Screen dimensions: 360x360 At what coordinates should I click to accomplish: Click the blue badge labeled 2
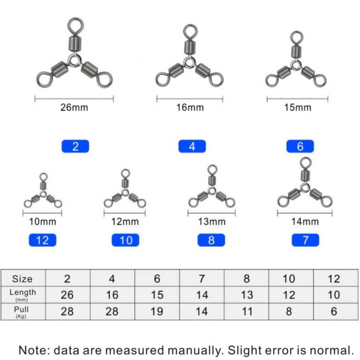coord(75,146)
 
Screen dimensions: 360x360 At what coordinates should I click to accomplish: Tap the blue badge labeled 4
coord(192,146)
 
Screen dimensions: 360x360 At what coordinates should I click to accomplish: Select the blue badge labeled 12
coord(42,240)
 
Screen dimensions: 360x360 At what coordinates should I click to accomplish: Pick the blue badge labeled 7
coord(305,240)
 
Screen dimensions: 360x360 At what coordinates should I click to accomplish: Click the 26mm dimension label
coord(74,108)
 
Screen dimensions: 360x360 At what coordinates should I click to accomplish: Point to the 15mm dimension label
coord(297,108)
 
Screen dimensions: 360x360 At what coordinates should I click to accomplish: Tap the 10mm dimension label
coord(42,222)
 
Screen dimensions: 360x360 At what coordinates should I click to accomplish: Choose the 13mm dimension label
coord(211,222)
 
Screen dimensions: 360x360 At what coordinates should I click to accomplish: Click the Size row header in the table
coord(22,279)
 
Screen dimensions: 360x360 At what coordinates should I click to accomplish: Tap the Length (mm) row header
coord(22,294)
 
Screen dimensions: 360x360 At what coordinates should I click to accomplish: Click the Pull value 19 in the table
coord(157,311)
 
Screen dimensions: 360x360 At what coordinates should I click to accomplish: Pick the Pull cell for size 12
coord(334,311)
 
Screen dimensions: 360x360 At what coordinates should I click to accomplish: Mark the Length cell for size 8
coord(247,295)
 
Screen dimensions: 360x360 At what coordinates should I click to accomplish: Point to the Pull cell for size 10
coord(289,311)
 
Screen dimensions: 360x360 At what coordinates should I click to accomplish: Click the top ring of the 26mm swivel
coord(75,25)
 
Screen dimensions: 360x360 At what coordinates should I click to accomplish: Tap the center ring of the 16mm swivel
coord(189,61)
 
